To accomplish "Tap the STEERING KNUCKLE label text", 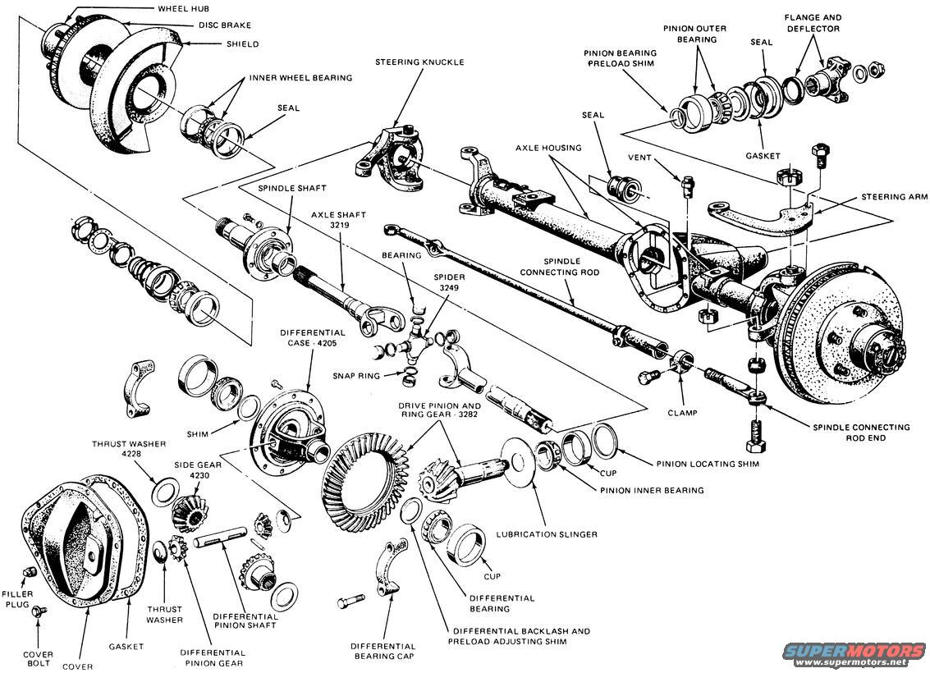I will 419,62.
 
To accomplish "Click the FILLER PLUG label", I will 16,598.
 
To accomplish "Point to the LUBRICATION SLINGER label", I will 546,534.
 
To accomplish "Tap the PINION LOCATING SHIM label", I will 705,464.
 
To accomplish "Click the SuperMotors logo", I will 854,653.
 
